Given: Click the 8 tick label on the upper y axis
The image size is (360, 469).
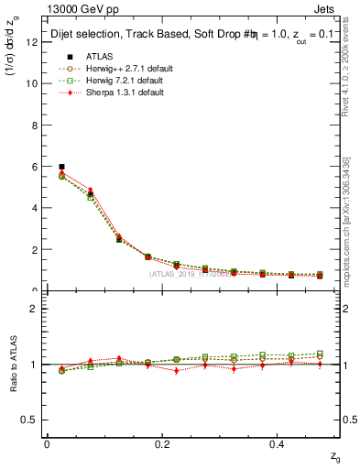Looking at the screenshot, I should [32, 125].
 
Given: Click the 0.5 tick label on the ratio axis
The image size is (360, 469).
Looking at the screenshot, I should [29, 420].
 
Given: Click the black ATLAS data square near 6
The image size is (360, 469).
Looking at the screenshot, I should [61, 167].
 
